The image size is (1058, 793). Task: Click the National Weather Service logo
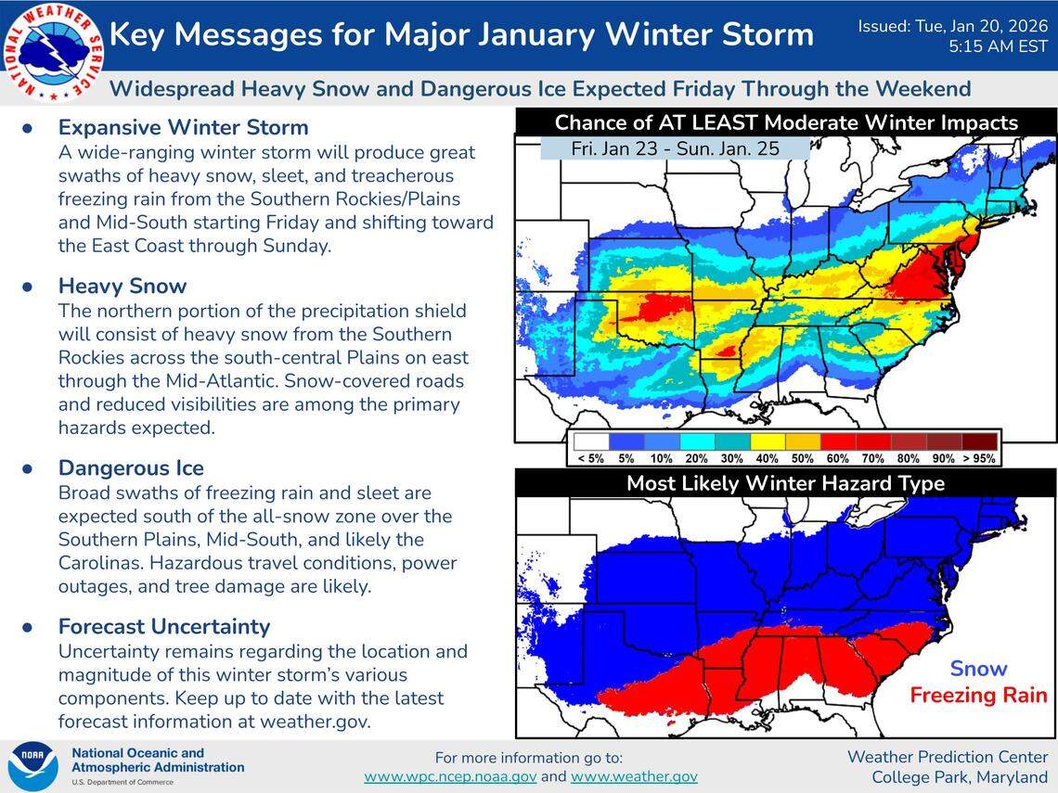point(53,52)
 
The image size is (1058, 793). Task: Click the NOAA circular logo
point(33,766)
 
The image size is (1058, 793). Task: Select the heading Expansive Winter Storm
point(183,127)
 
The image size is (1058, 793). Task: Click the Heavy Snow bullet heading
point(123,286)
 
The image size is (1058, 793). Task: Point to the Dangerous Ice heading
point(131,467)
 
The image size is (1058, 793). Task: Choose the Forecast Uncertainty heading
point(164,626)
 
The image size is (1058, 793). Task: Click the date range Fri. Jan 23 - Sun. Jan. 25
point(675,148)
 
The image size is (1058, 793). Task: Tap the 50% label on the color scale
point(802,459)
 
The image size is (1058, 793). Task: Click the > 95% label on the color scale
point(979,459)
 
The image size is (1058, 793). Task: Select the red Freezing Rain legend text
point(978,696)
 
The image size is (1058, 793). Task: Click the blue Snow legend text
point(978,669)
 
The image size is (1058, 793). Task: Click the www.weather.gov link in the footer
point(634,776)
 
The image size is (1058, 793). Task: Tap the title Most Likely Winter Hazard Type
point(785,483)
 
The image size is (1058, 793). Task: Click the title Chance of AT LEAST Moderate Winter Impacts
point(785,122)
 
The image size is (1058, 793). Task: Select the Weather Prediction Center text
point(947,757)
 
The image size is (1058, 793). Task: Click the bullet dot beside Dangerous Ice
point(28,468)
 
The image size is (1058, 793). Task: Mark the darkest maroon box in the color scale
point(980,441)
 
